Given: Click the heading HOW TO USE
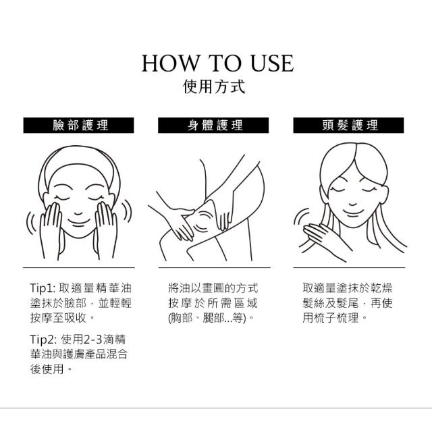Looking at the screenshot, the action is coord(217,63).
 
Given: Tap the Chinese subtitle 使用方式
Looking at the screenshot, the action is coord(214,87).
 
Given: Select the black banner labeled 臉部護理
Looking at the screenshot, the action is coord(78,126).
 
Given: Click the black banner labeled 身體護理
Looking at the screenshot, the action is coord(213,126).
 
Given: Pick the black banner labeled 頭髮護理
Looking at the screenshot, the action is coord(348,126).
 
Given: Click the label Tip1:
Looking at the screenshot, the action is coord(43,288).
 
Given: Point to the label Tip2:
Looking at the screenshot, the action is coord(43,340).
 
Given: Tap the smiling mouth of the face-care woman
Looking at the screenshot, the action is coord(79,222).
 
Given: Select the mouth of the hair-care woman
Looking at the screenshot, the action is coord(353,212).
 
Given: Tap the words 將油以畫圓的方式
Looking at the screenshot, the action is coord(213,288).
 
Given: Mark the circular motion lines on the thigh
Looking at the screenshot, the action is coord(203,221).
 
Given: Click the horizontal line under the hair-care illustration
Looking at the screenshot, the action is coord(349,267).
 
